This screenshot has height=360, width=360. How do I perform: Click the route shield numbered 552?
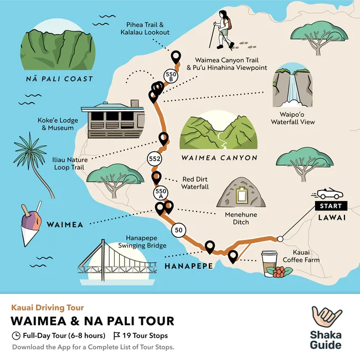[155, 159]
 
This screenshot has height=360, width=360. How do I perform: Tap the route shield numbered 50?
[178, 230]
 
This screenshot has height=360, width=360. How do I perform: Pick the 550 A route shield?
[160, 193]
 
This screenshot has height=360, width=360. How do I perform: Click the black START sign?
[331, 205]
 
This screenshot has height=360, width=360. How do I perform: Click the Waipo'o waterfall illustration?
[292, 89]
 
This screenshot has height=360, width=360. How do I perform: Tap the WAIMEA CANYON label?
[219, 158]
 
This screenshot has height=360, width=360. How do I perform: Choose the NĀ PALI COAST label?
[59, 79]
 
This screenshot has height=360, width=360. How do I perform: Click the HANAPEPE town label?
[186, 266]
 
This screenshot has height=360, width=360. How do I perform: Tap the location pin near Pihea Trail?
[176, 56]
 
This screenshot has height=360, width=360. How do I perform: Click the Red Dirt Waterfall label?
[196, 183]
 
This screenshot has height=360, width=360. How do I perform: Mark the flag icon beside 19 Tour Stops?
[116, 336]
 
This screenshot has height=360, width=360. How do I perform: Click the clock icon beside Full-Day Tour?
[16, 336]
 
